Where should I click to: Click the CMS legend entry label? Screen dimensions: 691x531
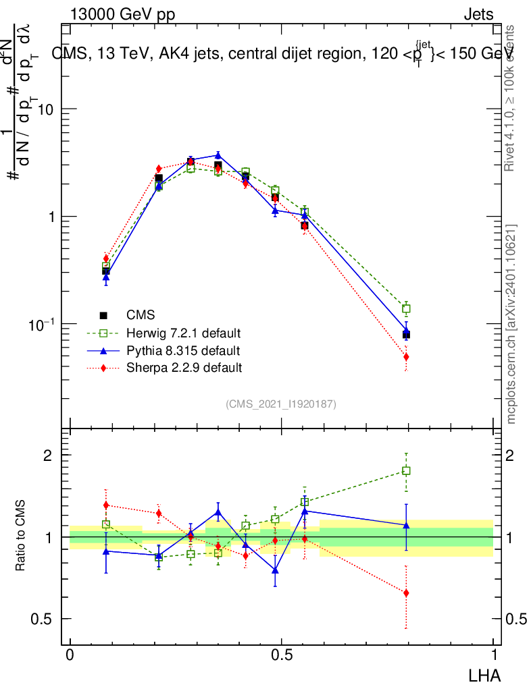(x=140, y=315)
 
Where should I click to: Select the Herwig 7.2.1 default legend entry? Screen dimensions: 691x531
(x=183, y=333)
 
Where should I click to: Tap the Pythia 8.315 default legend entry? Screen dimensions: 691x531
(x=182, y=351)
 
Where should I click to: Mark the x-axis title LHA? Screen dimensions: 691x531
(x=485, y=675)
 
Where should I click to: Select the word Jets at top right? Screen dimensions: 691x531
(x=478, y=15)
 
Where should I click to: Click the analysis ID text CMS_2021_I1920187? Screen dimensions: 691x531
(x=281, y=404)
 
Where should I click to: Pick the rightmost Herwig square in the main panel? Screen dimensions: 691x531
(x=406, y=309)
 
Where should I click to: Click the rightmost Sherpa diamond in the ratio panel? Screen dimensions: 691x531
(x=406, y=593)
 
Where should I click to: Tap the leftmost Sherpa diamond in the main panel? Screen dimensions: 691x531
(x=106, y=258)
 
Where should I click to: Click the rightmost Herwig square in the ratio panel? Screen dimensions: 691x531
(x=406, y=471)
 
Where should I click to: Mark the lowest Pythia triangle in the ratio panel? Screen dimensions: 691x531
(x=275, y=570)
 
